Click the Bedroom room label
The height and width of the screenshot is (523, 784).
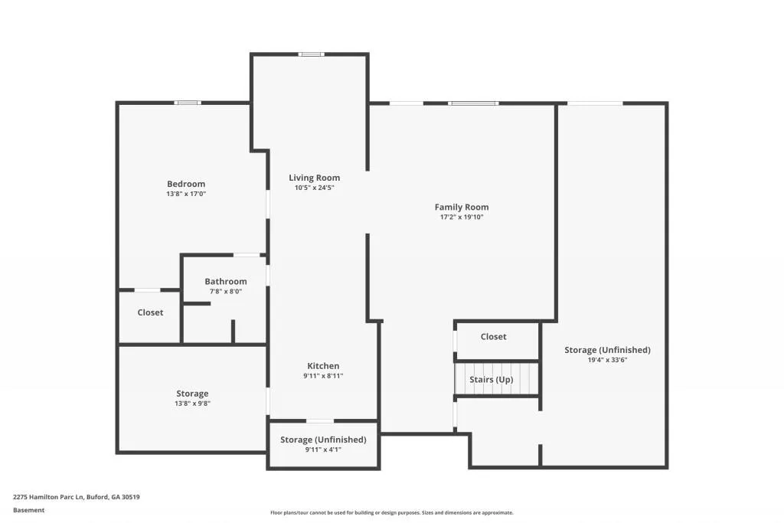186,184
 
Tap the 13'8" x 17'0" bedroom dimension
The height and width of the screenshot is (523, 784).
186,194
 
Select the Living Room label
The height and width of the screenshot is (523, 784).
314,178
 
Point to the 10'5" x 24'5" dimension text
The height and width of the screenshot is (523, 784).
314,188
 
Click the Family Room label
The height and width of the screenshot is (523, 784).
461,207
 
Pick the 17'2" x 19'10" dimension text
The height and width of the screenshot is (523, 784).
461,217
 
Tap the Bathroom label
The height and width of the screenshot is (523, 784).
225,281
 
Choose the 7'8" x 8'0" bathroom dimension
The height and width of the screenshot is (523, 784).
225,291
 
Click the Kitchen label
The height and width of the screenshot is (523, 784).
323,366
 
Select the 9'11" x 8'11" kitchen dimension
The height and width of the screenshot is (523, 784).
323,376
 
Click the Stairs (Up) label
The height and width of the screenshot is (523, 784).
491,380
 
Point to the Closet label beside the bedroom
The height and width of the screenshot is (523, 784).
150,312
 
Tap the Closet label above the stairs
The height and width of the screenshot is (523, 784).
493,337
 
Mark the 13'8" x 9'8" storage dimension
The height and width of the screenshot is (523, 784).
192,404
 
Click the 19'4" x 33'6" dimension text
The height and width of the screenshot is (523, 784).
607,360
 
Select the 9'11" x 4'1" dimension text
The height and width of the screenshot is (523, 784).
323,449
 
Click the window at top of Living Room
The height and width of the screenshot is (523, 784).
311,54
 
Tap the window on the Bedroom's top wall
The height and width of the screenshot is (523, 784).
188,103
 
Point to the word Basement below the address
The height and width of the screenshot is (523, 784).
28,510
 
